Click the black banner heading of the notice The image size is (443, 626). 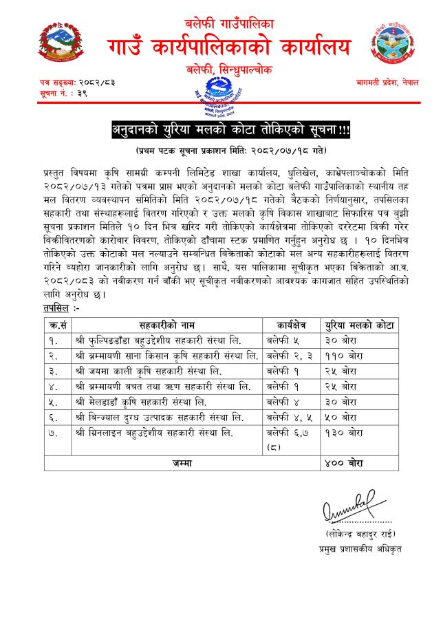click(x=221, y=130)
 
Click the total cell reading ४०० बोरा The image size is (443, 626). click(x=341, y=464)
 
